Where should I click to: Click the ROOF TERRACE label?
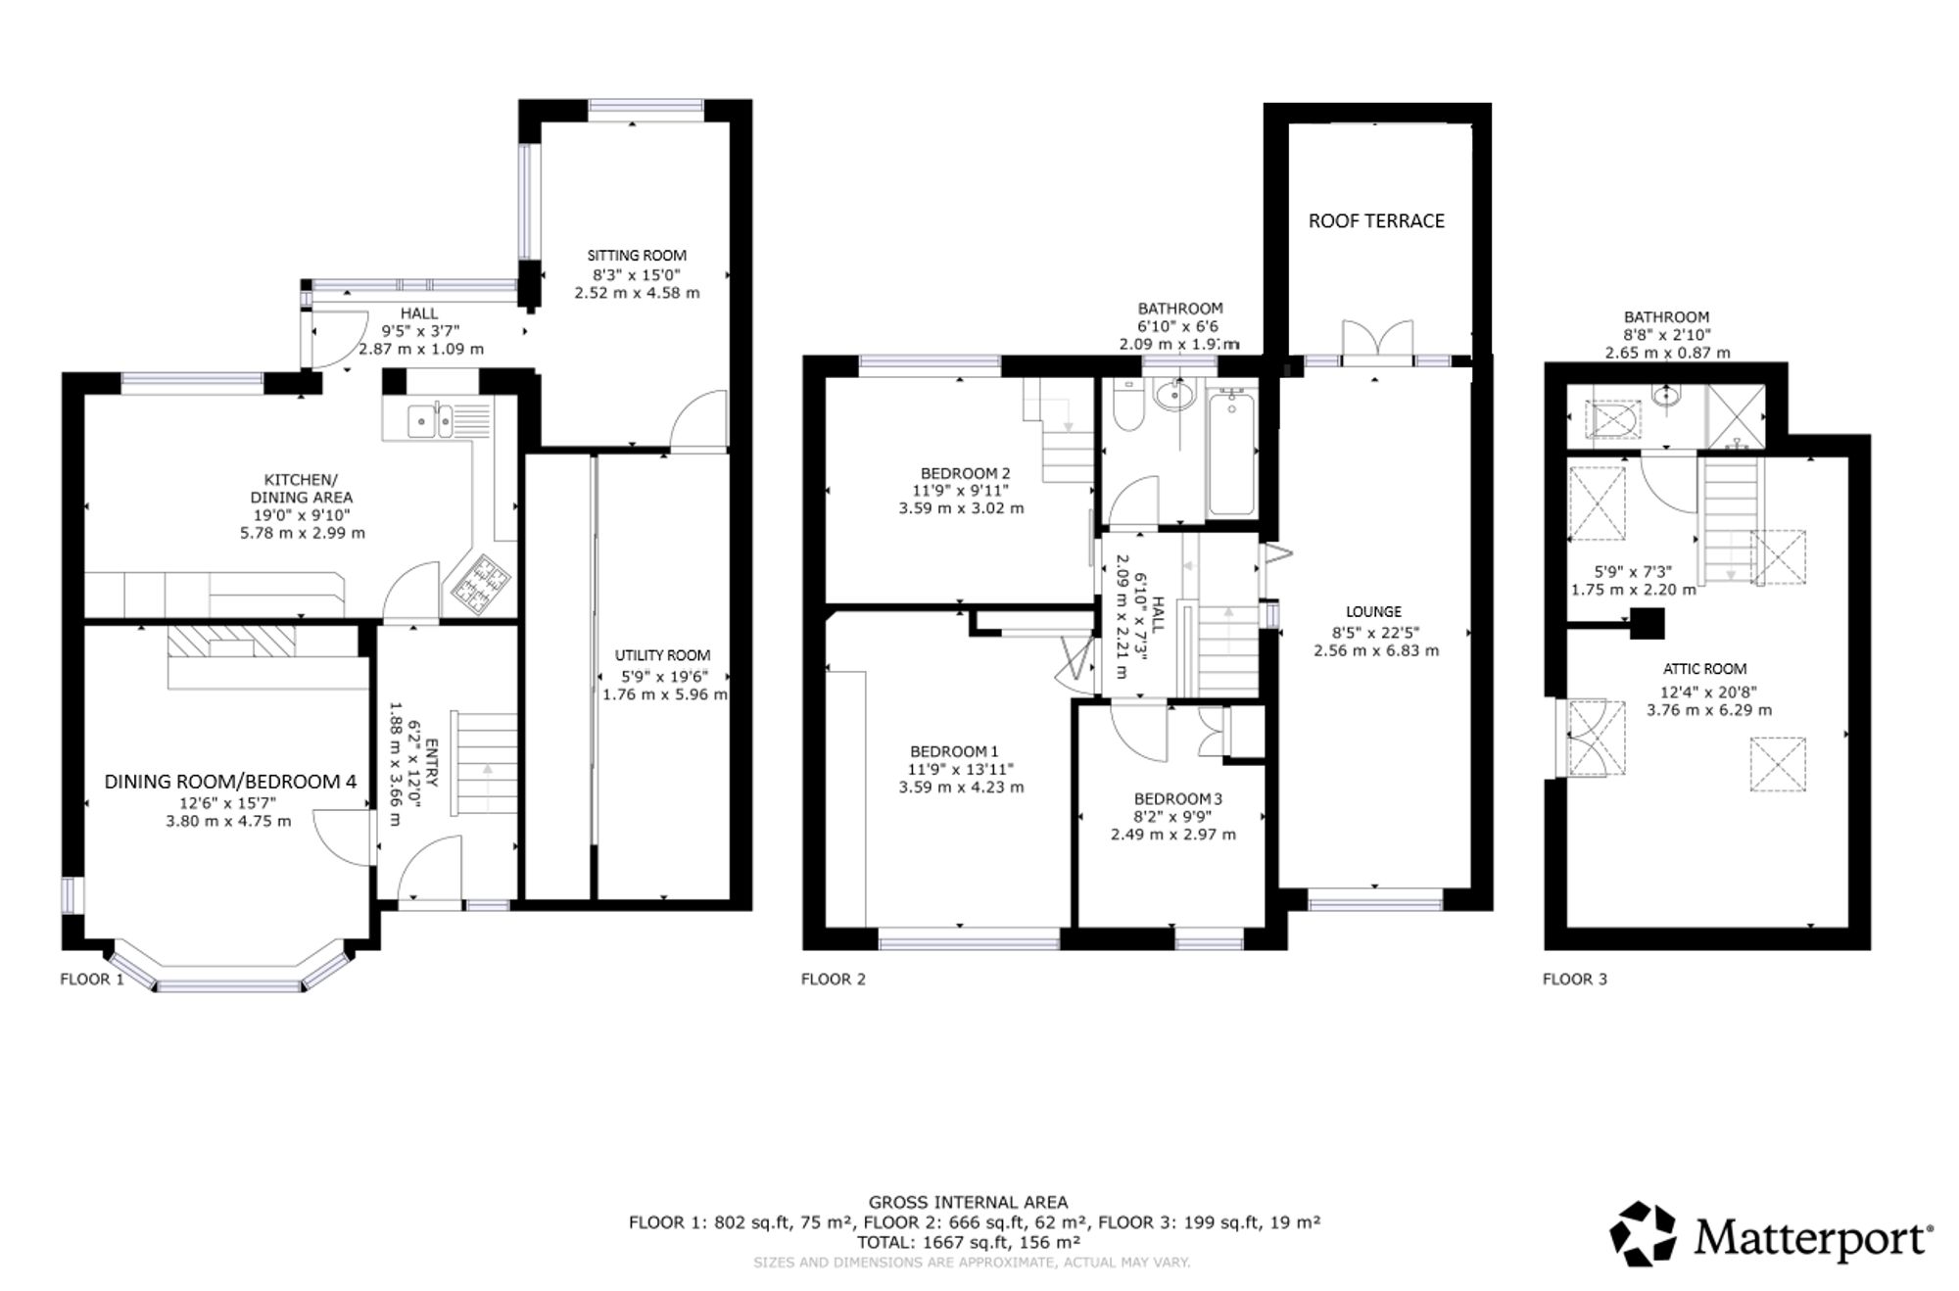pos(1376,220)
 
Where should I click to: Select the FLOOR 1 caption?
pos(92,979)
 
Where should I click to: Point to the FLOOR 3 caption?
pos(1575,979)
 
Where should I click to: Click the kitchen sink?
pos(430,420)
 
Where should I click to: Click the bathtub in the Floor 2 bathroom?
pos(1231,452)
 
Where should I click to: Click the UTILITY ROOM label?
pos(662,655)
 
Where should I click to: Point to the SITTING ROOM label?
pos(637,256)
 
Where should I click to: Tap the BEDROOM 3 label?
pos(1178,798)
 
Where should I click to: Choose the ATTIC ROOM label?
pos(1704,669)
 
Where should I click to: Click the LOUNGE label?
pos(1374,612)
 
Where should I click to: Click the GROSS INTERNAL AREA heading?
pos(968,1202)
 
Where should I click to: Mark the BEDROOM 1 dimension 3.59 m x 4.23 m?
pos(961,787)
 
